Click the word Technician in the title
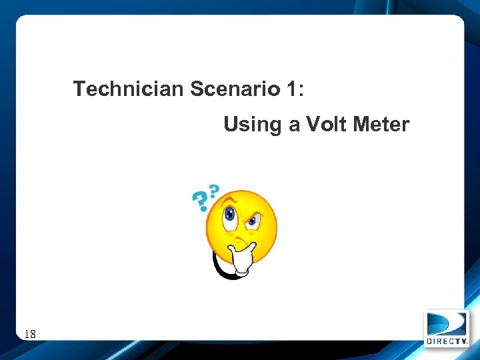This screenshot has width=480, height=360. pyautogui.click(x=128, y=89)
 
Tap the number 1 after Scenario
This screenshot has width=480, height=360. pyautogui.click(x=291, y=89)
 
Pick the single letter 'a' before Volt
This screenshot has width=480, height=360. pyautogui.click(x=294, y=126)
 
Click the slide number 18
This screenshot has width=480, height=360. pyautogui.click(x=30, y=333)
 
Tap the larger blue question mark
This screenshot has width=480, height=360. pyautogui.click(x=199, y=201)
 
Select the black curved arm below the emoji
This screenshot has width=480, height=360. pyautogui.click(x=220, y=267)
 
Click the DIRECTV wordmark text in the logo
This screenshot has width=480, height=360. pyautogui.click(x=447, y=341)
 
